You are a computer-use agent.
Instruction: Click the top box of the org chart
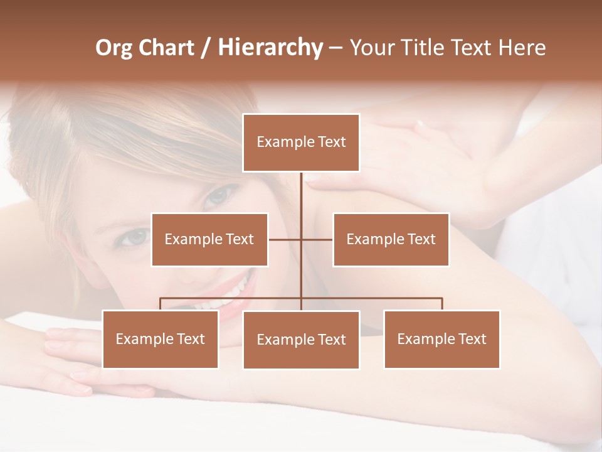[x=301, y=143]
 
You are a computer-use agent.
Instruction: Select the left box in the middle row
[x=209, y=239]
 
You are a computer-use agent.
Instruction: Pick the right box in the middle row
[x=391, y=239]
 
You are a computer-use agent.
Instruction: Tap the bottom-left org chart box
[x=160, y=339]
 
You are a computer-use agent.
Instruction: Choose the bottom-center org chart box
[x=301, y=340]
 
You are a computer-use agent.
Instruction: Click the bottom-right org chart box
[x=441, y=339]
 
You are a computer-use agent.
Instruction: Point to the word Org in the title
[x=114, y=48]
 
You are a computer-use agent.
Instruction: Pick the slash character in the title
[x=205, y=48]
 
